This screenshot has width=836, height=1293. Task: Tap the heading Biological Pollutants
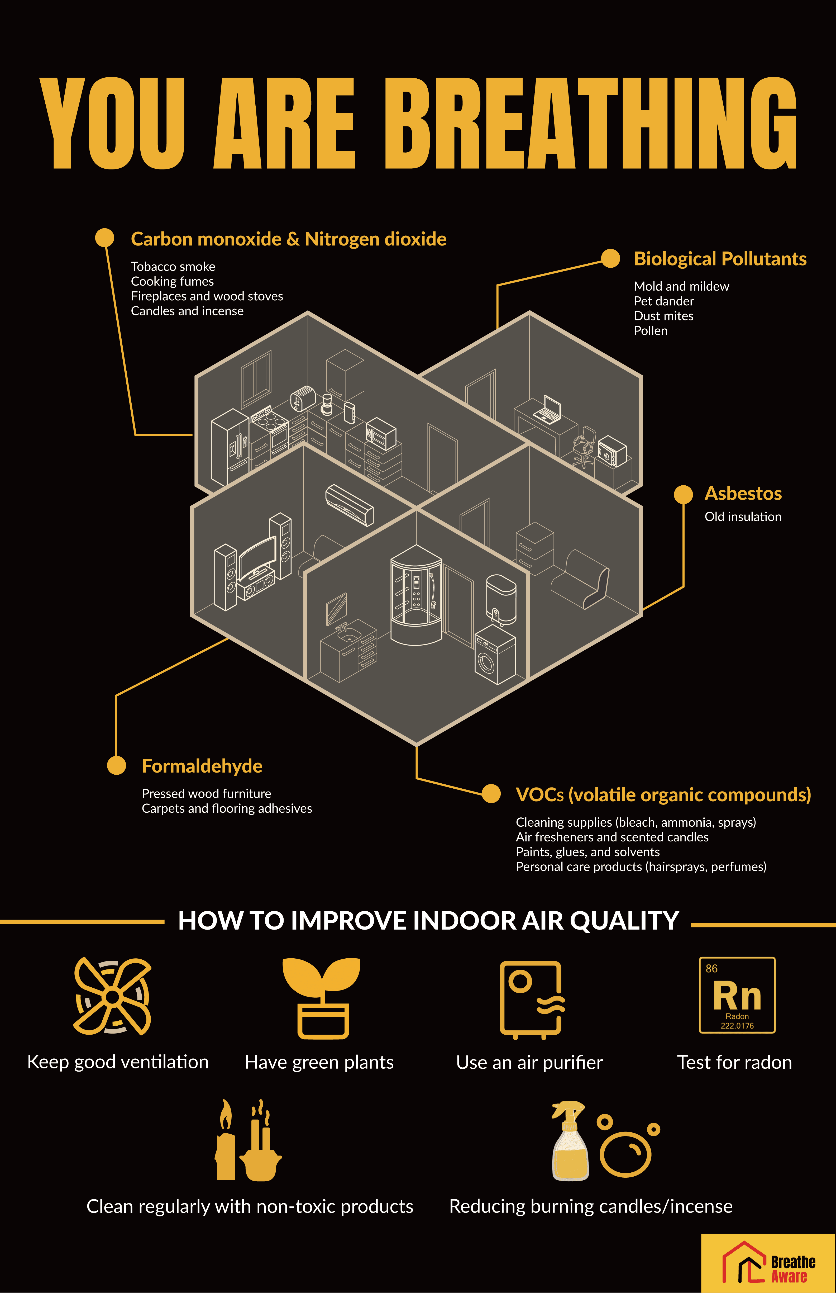(x=720, y=259)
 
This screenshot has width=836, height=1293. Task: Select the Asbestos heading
(x=743, y=494)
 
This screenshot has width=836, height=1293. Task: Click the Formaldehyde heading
(x=202, y=766)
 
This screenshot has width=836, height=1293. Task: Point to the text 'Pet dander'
(x=663, y=301)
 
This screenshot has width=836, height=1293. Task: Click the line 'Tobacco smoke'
(x=173, y=267)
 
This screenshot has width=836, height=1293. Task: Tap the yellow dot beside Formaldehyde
(x=116, y=765)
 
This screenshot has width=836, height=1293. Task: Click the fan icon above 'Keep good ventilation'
(x=112, y=997)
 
